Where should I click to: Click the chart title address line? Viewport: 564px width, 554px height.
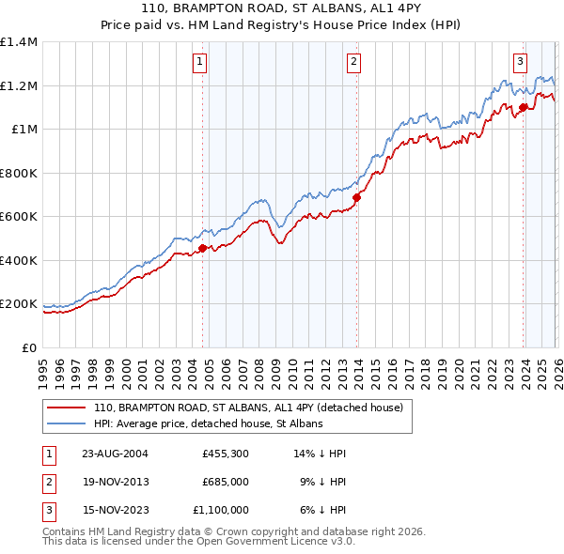point(282,8)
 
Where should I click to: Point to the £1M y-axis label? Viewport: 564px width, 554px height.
point(24,130)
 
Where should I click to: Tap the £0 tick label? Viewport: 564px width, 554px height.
point(30,347)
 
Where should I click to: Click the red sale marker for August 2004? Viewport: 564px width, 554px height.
point(203,249)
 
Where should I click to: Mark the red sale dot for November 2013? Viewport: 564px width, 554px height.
point(357,198)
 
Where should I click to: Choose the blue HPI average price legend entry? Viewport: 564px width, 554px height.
point(208,423)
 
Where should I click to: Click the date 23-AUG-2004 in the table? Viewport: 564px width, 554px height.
point(115,454)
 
